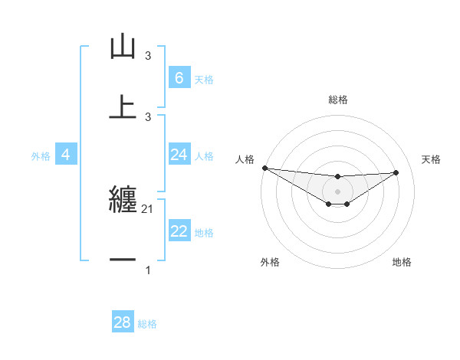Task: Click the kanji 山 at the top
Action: [x=123, y=47]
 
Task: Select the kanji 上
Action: [x=123, y=107]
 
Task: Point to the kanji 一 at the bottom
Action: [x=123, y=260]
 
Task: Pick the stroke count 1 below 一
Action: [x=148, y=270]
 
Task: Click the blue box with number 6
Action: [x=179, y=77]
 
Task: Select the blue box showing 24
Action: [x=179, y=155]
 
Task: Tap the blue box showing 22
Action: [x=179, y=231]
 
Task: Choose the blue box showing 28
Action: [x=122, y=322]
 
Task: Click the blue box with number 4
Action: [x=65, y=155]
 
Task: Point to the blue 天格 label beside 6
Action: [x=204, y=79]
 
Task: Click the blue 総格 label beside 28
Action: [x=147, y=324]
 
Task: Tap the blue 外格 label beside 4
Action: [x=41, y=156]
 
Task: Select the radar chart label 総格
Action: [x=337, y=100]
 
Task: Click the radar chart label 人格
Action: [x=245, y=159]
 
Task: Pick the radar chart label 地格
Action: [x=402, y=262]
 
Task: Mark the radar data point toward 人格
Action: [x=264, y=168]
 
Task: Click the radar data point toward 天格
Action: [x=396, y=172]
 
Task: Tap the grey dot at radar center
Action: [x=337, y=191]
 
